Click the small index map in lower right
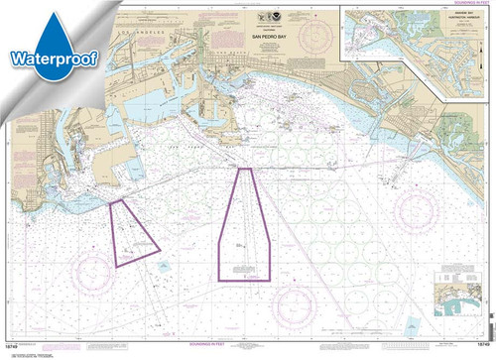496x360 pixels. pos(467,326)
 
